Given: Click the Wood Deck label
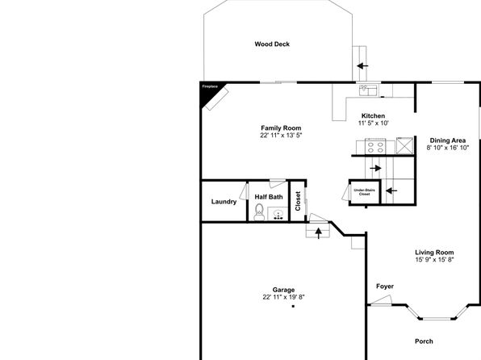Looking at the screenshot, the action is [x=272, y=44].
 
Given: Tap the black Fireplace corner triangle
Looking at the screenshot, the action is [x=208, y=90].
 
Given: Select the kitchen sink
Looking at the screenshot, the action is [x=369, y=90].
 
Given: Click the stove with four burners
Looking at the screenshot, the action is [x=375, y=146].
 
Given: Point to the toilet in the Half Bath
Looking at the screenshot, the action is [x=259, y=212].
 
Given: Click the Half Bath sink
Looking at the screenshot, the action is [x=278, y=214].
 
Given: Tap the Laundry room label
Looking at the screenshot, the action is [x=224, y=202].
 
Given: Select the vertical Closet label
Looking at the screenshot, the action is [x=298, y=201].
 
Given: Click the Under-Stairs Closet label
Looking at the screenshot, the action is [x=365, y=192].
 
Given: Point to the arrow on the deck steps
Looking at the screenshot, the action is [x=362, y=65].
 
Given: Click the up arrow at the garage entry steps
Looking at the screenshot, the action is [x=319, y=233].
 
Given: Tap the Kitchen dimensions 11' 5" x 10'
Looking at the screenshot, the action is [x=374, y=123].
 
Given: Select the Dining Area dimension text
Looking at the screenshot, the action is [x=448, y=148].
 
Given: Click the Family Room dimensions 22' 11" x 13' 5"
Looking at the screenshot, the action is [x=282, y=136].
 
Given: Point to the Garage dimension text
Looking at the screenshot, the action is [x=283, y=297].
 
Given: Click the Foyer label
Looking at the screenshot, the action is [x=385, y=287].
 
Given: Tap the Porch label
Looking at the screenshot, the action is [x=424, y=341].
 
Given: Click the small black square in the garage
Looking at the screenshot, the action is [x=293, y=306].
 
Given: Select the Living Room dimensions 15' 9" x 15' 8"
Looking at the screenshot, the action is [x=434, y=260].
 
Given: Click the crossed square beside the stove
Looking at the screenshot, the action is [x=404, y=146].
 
